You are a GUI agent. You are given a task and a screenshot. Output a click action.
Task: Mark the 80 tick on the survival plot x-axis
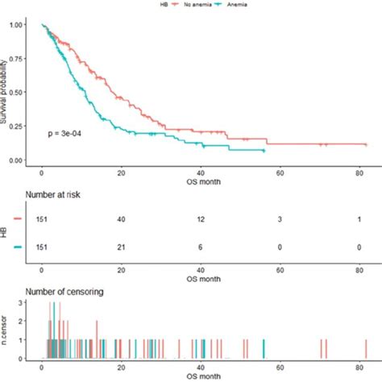coord(358,172)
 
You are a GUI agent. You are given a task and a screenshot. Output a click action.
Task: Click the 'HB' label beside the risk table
coord(5,233)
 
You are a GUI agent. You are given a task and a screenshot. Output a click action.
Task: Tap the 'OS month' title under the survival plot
coord(200,180)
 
